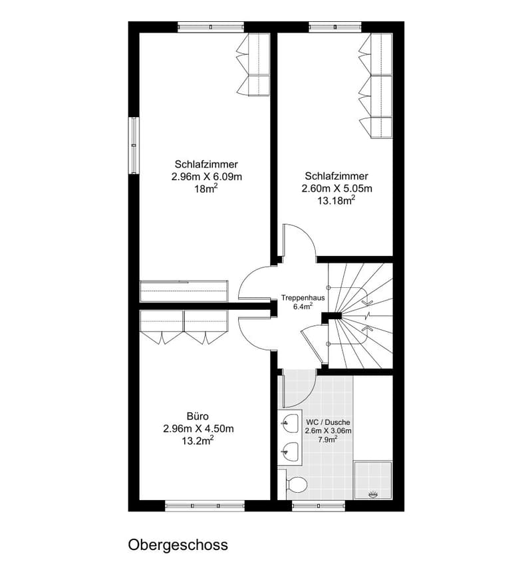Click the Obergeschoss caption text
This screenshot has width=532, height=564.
click(178, 545)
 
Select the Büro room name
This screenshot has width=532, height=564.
click(198, 416)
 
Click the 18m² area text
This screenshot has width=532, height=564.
click(206, 188)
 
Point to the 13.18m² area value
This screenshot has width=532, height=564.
click(336, 200)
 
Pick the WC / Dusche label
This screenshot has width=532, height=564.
click(328, 422)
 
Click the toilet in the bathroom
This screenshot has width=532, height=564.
click(296, 484)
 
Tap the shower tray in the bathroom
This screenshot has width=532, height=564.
click(373, 480)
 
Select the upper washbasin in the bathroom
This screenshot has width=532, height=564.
click(291, 424)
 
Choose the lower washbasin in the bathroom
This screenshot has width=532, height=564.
click(291, 452)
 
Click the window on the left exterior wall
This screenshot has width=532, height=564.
click(134, 145)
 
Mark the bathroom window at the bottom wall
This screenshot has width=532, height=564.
click(319, 505)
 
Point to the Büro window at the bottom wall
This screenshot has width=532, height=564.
click(205, 505)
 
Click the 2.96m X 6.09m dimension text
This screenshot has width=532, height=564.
click(206, 177)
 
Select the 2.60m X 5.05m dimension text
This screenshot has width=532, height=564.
click(336, 188)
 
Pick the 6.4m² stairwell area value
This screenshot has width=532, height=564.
click(303, 306)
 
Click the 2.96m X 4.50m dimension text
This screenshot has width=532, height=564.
click(198, 429)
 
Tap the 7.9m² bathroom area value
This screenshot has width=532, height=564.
click(328, 439)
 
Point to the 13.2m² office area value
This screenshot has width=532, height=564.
click(198, 440)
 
